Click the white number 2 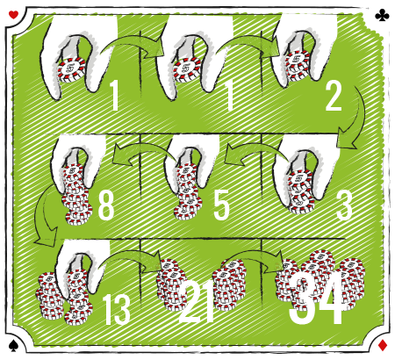pyautogui.click(x=334, y=97)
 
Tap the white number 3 pyautogui.click(x=344, y=205)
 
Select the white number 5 pyautogui.click(x=221, y=205)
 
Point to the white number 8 pyautogui.click(x=105, y=205)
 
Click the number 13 pyautogui.click(x=118, y=309)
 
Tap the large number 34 pyautogui.click(x=316, y=298)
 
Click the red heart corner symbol pyautogui.click(x=13, y=14)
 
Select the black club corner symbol pyautogui.click(x=382, y=15)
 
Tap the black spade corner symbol pyautogui.click(x=13, y=345)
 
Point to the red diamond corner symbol pyautogui.click(x=383, y=345)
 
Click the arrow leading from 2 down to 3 pyautogui.click(x=359, y=117)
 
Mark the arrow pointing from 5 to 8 pyautogui.click(x=143, y=148)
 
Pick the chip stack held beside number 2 pyautogui.click(x=298, y=66)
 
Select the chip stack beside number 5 pyautogui.click(x=187, y=191)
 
